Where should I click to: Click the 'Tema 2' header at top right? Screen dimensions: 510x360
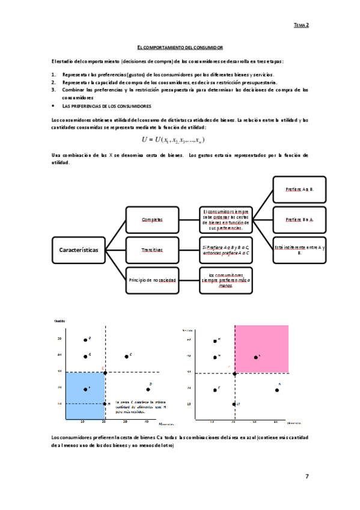[301, 25]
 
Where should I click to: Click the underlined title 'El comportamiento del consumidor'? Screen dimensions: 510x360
[180, 46]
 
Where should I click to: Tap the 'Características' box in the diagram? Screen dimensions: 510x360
[79, 249]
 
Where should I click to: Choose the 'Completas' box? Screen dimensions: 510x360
[152, 220]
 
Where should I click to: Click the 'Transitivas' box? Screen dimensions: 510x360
[152, 249]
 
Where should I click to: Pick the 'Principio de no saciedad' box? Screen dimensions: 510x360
[152, 280]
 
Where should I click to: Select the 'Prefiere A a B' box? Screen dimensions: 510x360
[299, 189]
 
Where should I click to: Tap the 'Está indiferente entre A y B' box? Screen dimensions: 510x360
[299, 250]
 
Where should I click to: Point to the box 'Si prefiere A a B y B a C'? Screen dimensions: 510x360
[226, 249]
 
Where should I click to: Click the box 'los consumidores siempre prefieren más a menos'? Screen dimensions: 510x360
[226, 280]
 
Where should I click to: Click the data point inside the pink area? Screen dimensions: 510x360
[256, 357]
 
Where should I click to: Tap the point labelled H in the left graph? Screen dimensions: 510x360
[106, 404]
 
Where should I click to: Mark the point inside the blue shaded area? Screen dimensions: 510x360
[85, 389]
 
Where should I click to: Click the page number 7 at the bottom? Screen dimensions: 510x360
[307, 476]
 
